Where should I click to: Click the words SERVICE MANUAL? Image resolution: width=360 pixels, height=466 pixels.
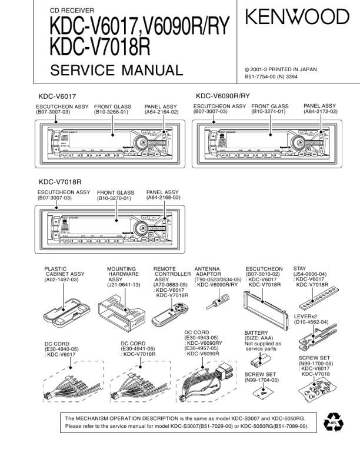116,71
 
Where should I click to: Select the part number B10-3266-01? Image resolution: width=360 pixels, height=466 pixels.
112,111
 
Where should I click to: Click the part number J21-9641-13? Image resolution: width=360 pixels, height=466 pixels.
124,285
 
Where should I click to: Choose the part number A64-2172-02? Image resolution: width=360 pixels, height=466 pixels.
321,111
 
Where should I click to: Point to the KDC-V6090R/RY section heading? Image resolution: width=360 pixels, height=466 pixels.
223,95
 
